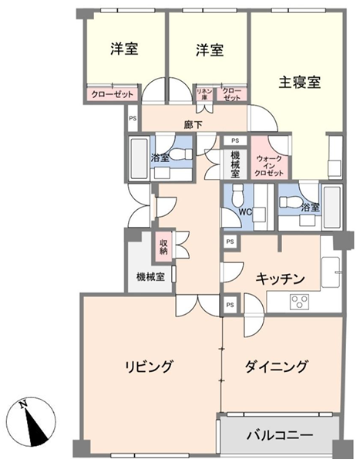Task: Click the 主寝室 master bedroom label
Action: (300, 83)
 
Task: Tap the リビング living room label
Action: (149, 367)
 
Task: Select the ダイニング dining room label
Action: (276, 367)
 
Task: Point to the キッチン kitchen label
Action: (280, 279)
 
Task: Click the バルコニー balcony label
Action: (280, 435)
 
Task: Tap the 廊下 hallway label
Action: (193, 125)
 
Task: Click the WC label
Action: (245, 211)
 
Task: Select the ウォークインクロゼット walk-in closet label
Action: (269, 166)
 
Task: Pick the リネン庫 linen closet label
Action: (204, 94)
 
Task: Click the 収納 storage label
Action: (163, 247)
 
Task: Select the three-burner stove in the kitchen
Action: (299, 302)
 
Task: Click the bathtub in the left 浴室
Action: (140, 158)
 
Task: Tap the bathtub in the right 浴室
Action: (332, 208)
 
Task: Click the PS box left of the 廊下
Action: (133, 118)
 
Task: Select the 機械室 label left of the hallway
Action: (150, 277)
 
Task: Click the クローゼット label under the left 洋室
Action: (113, 94)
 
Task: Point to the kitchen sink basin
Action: (331, 272)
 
